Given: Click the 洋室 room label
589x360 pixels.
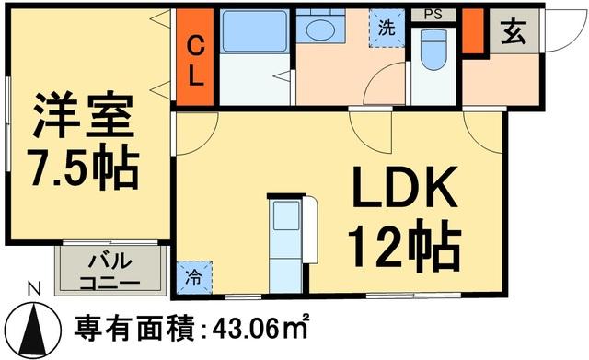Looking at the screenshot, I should point(86,115).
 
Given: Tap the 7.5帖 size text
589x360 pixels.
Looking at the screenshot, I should point(86,167).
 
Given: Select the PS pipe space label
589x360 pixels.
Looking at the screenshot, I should point(432,15).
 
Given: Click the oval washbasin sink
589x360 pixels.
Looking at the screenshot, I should point(321,30).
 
